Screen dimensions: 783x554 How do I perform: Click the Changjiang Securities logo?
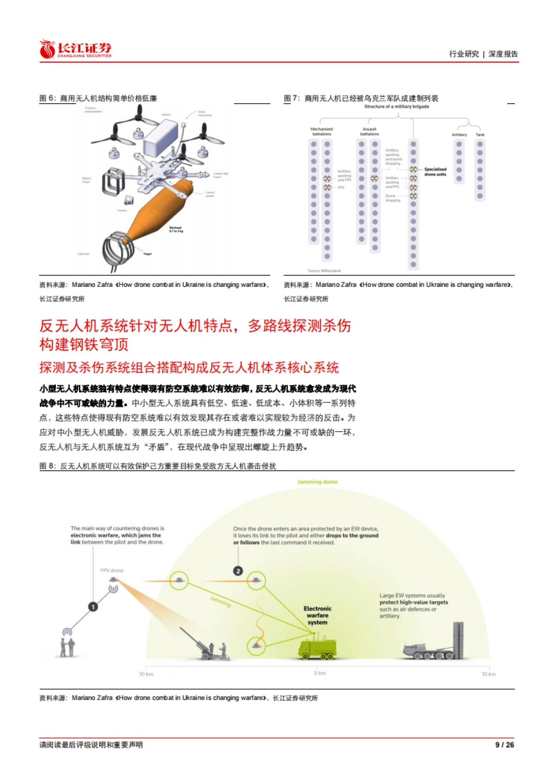pos(75,49)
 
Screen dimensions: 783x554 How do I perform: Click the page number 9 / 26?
pos(504,744)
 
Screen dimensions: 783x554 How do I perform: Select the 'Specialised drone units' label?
pos(435,172)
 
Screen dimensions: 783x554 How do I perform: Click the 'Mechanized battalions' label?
pos(322,131)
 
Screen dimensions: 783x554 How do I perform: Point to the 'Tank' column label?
pos(480,135)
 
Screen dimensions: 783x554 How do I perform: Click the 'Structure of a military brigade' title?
pos(397,107)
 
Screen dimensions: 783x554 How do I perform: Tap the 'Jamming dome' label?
pos(317,482)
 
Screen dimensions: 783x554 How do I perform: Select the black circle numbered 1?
pos(93,607)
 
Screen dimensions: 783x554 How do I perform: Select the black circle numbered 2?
pos(238,571)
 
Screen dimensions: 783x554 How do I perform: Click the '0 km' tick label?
pos(319,673)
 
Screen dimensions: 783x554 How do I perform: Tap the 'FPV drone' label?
pos(112,570)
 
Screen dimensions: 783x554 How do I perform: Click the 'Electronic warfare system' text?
pos(317,616)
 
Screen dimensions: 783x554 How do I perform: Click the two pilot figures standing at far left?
pos(67,647)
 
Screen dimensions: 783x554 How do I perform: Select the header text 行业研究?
pos(464,54)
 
